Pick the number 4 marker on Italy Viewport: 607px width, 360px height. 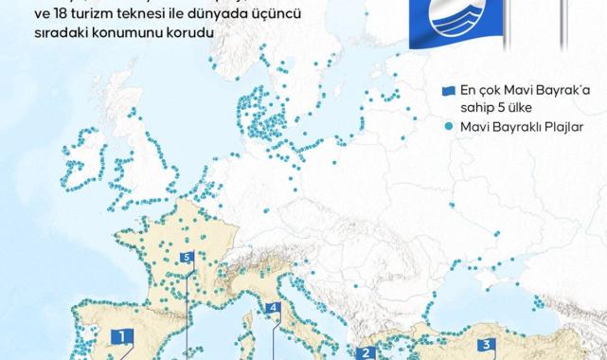coord(272,308)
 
